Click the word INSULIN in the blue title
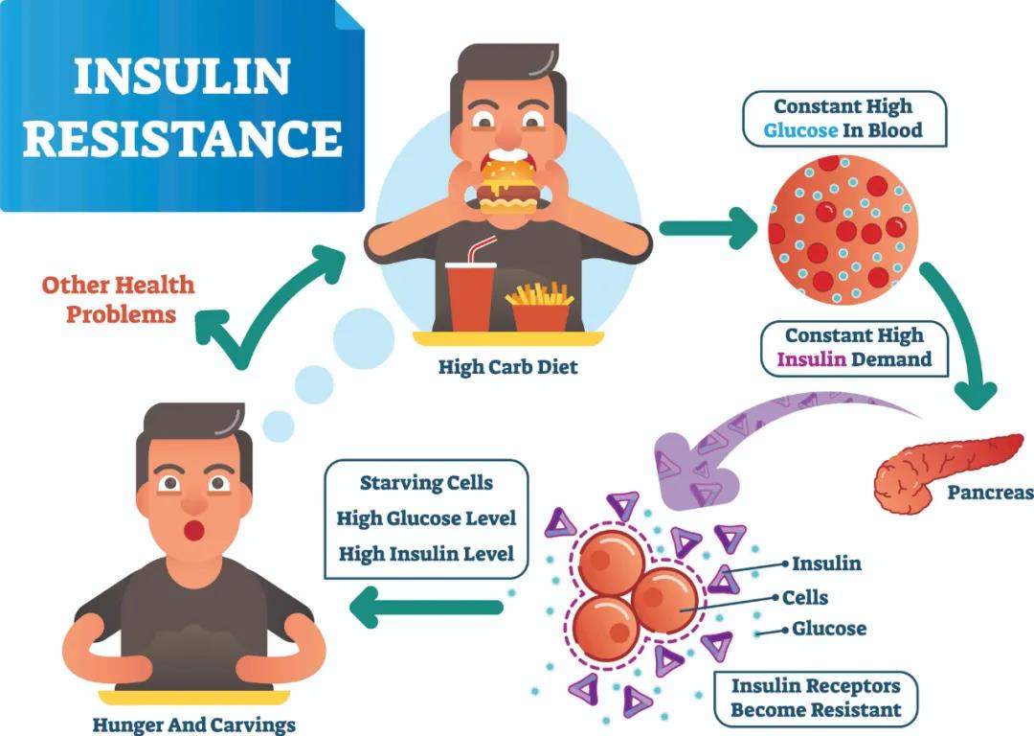click(x=182, y=77)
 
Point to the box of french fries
click(x=540, y=307)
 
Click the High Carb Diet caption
click(x=507, y=367)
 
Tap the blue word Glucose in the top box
click(x=799, y=130)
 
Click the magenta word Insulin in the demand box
click(x=811, y=359)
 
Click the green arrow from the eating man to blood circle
click(x=708, y=228)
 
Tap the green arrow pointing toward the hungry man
click(x=426, y=608)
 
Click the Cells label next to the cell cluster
click(x=804, y=597)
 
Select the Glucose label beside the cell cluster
click(x=829, y=629)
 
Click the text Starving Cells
click(x=426, y=483)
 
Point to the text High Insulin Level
click(x=426, y=553)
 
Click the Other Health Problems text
click(x=119, y=300)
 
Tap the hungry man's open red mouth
click(x=193, y=530)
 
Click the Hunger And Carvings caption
click(x=193, y=724)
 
